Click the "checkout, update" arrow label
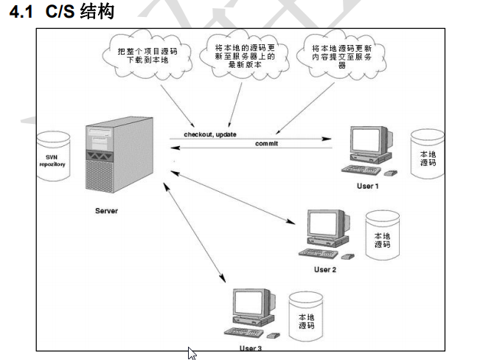click(209, 134)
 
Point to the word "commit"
click(267, 142)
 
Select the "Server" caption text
click(106, 211)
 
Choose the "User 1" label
click(366, 186)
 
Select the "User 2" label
click(324, 270)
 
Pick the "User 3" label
click(250, 347)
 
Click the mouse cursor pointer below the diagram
click(192, 353)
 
